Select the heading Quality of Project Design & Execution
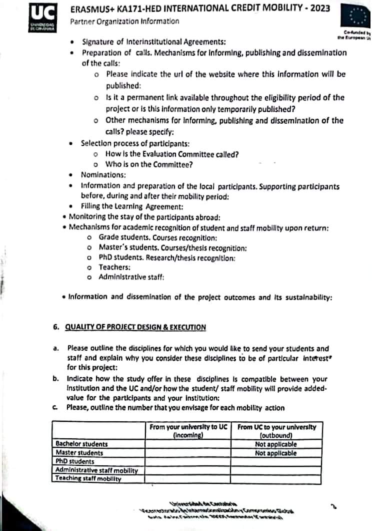(x=136, y=327)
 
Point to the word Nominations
(x=103, y=175)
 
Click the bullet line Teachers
(x=114, y=267)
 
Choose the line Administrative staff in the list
(x=131, y=277)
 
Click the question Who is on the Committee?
(x=149, y=164)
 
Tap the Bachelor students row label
(x=81, y=444)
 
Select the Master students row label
(x=79, y=453)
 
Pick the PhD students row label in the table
(x=75, y=461)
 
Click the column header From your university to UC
(x=188, y=431)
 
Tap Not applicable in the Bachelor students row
(x=276, y=444)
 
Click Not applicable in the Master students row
(x=276, y=453)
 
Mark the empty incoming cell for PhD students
(x=188, y=461)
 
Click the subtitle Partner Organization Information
(x=124, y=21)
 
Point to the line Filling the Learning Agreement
(x=132, y=206)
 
